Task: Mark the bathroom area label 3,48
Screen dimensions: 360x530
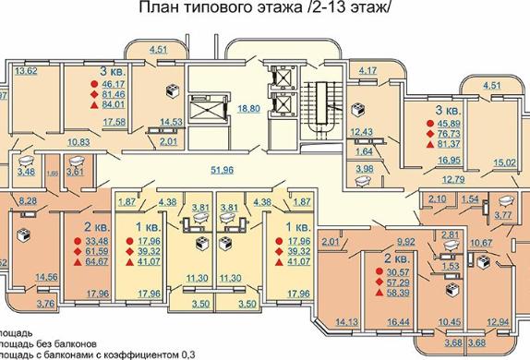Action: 28,172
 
